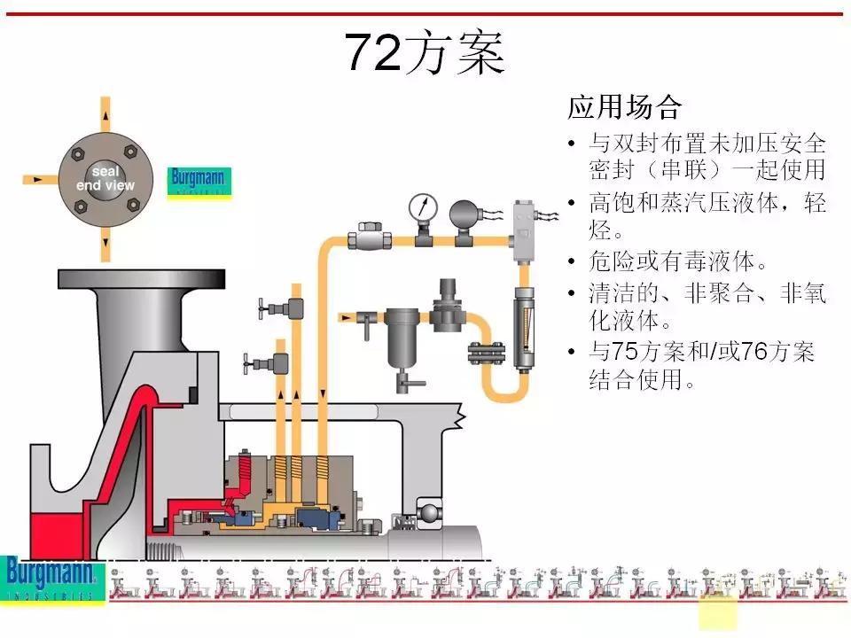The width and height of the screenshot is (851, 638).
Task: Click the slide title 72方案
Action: pyautogui.click(x=424, y=53)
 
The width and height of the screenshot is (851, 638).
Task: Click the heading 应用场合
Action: pyautogui.click(x=624, y=108)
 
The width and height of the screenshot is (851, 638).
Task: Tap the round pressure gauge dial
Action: pyautogui.click(x=423, y=207)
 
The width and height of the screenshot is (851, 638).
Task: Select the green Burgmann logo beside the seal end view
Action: pyautogui.click(x=199, y=183)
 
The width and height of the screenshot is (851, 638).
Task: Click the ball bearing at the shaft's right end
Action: pyautogui.click(x=429, y=513)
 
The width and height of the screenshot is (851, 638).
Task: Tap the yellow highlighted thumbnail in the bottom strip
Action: pyautogui.click(x=717, y=612)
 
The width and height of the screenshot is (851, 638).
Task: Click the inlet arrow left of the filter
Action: pyautogui.click(x=347, y=315)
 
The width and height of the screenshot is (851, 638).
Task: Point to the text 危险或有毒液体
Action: pyautogui.click(x=676, y=262)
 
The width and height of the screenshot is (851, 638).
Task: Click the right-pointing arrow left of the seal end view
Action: pyautogui.click(x=37, y=179)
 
